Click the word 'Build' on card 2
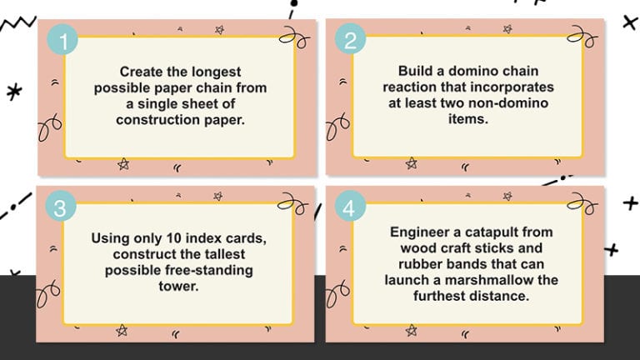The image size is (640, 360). point(417,72)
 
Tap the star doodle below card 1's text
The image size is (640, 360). point(123,163)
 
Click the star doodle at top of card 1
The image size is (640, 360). point(219,30)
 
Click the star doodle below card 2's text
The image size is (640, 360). point(411,162)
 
